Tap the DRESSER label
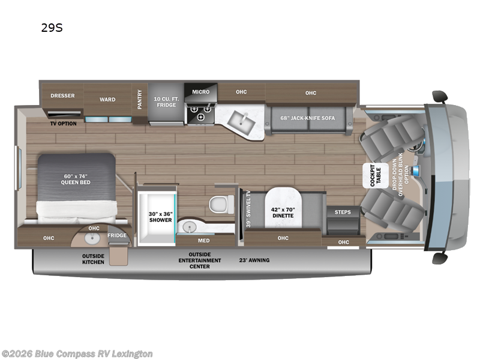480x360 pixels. tap(62, 95)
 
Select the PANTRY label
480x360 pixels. tap(140, 99)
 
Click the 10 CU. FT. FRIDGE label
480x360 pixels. tap(166, 101)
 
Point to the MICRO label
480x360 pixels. tap(200, 92)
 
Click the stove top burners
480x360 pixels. tap(200, 109)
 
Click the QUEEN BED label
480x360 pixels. tap(76, 179)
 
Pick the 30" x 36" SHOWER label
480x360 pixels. tap(160, 216)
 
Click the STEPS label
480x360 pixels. tap(343, 212)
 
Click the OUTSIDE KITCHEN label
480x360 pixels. tap(93, 259)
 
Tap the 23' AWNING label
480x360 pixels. tap(255, 260)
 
